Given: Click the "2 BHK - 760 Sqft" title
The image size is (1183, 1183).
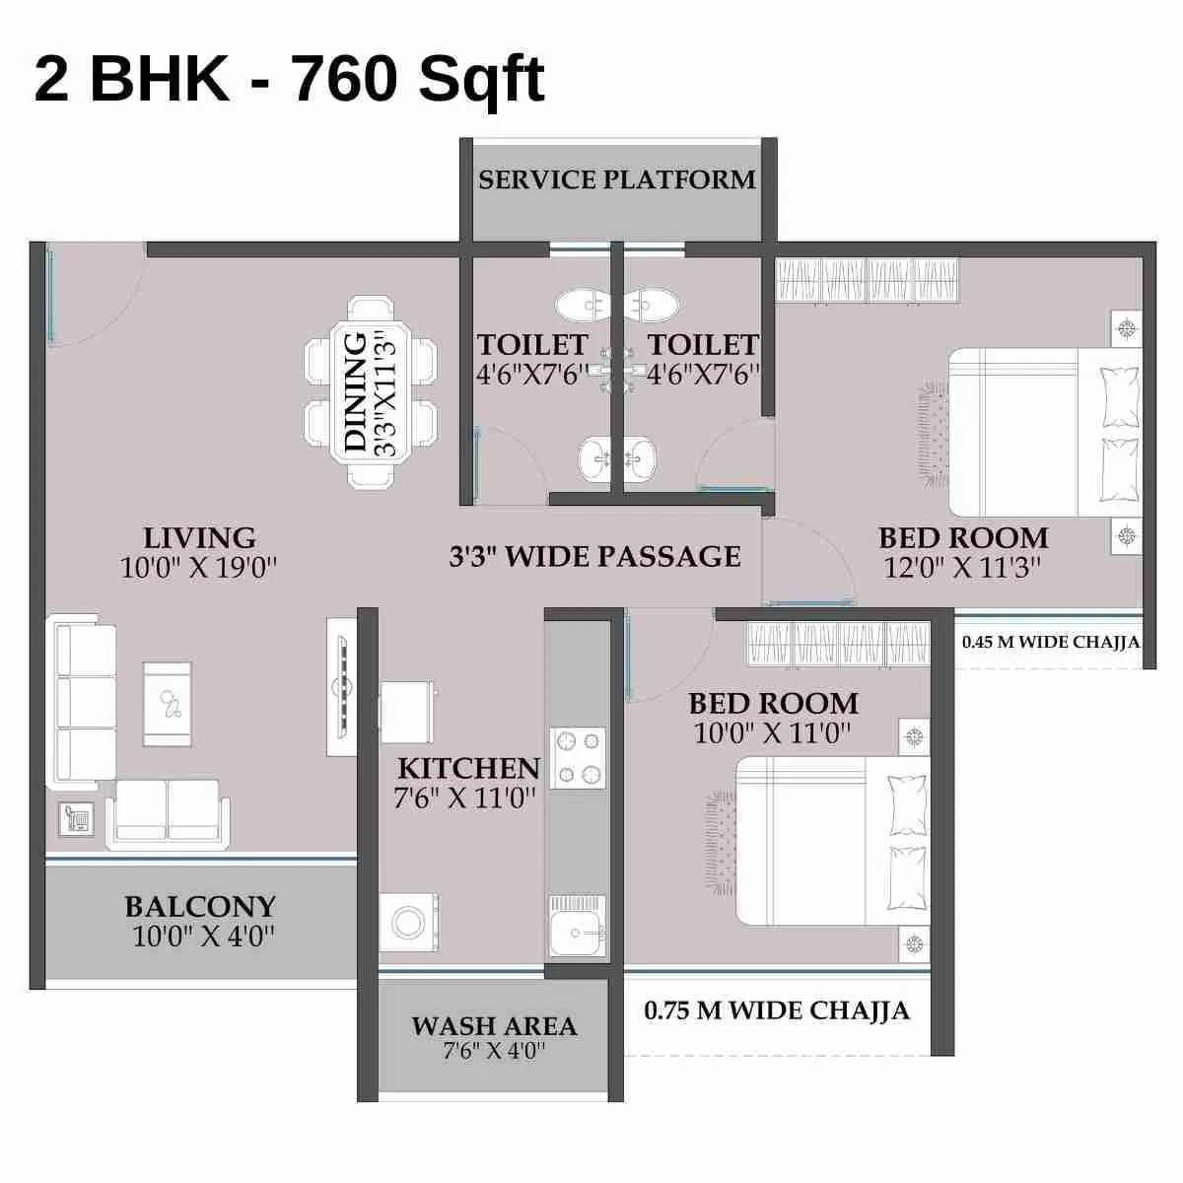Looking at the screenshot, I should [289, 79].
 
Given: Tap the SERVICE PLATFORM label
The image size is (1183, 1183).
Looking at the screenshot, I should [617, 179].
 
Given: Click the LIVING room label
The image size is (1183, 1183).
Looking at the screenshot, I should [199, 538].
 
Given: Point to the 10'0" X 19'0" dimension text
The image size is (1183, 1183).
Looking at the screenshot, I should [199, 568].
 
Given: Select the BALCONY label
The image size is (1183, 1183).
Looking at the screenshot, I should [200, 906].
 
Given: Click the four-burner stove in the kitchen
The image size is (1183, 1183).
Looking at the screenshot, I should [577, 758].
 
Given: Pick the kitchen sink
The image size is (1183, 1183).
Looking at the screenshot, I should [578, 927].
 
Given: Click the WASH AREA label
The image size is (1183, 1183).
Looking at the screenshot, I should [494, 1026].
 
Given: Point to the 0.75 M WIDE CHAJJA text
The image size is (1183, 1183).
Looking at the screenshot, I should [777, 1010].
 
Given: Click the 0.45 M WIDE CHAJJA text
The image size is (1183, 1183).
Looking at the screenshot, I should [1051, 642].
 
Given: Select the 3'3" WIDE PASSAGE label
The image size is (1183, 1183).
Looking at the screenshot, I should [594, 557].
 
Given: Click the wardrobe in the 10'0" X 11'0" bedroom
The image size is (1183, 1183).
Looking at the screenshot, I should [839, 644].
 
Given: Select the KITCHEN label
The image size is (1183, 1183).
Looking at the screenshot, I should [468, 768].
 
